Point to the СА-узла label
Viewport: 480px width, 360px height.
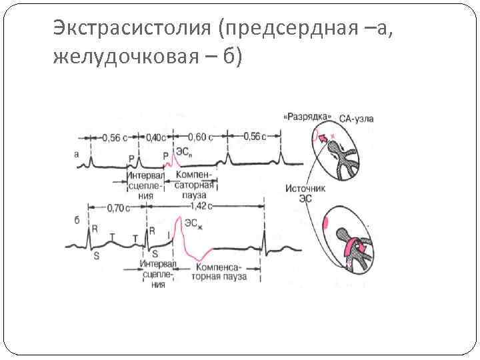coord(356,119)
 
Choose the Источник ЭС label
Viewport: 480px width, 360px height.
coord(305,193)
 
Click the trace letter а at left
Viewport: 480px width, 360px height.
coord(77,154)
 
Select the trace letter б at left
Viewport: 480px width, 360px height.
coord(77,220)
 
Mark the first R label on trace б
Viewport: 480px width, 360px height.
coord(95,229)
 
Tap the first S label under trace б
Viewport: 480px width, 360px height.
coord(96,256)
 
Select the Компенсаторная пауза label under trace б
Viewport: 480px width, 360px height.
coord(219,271)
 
